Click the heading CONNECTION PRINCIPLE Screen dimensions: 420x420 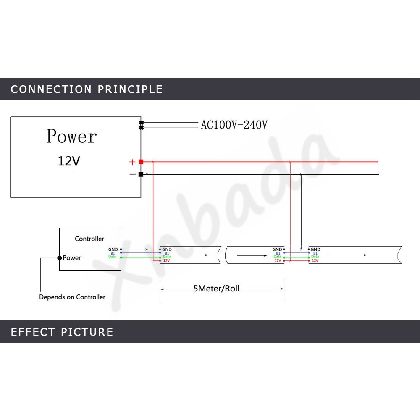pos(87,89)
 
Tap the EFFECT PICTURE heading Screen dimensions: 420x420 pos(62,332)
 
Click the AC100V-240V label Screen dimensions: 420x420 pos(234,125)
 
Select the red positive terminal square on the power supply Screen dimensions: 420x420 pos(141,162)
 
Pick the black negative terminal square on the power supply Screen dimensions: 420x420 pos(141,174)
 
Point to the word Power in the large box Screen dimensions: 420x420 pos(71,136)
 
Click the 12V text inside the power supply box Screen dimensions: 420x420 pos(68,161)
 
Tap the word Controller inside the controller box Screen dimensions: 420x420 pos(89,239)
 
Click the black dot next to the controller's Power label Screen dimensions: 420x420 pos(60,257)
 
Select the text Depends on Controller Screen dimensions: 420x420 pos(72,297)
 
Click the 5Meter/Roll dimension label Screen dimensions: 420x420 pos(216,289)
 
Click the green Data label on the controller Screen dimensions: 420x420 pos(112,257)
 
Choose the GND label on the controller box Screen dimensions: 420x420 pos(113,249)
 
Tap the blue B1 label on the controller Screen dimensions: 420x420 pos(113,253)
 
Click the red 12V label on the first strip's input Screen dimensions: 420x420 pos(166,260)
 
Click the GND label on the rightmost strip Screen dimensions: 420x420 pos(315,249)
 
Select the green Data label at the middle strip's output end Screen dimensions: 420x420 pos(277,257)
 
